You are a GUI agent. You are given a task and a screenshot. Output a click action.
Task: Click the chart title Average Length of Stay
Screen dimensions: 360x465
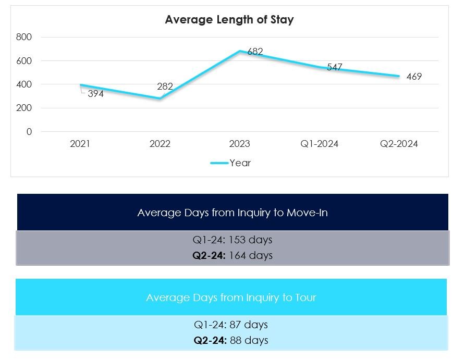[229, 20]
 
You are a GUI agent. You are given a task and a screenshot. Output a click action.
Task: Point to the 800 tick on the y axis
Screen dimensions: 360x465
[25, 37]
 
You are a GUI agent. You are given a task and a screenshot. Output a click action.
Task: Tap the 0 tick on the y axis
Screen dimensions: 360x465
[29, 132]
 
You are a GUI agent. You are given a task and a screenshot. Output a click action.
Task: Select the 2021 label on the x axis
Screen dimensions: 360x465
[80, 144]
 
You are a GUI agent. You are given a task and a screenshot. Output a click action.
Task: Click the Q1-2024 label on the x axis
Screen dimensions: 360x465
[320, 144]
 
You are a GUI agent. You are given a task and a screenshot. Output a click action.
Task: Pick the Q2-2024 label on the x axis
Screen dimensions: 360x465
[399, 144]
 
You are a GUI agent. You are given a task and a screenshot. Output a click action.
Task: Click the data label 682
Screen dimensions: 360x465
[255, 52]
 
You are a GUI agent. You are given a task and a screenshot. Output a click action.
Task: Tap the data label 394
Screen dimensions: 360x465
[95, 94]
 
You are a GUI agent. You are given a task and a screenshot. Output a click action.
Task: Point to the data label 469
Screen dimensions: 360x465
[414, 77]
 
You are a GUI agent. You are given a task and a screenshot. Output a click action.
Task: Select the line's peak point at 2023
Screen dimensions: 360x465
[240, 51]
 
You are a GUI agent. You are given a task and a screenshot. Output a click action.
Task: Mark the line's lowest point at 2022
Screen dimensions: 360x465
[160, 98]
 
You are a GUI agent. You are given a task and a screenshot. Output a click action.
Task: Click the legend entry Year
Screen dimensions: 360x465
[240, 163]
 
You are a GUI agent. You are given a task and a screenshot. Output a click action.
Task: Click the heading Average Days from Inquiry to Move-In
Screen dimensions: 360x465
[232, 213]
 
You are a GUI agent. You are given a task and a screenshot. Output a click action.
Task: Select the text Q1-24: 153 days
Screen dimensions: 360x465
[232, 240]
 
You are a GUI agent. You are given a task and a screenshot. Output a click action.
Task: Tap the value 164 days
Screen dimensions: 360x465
[251, 255]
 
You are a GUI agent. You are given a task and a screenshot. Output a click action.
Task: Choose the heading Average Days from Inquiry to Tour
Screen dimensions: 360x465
[231, 297]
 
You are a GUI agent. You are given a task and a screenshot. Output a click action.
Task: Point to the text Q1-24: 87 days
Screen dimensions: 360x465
[231, 325]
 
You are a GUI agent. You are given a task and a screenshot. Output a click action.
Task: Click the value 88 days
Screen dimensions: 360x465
[249, 340]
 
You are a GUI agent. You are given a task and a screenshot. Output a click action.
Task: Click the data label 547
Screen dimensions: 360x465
[334, 67]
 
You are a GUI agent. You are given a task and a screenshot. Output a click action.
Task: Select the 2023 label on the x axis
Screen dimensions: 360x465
[240, 144]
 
